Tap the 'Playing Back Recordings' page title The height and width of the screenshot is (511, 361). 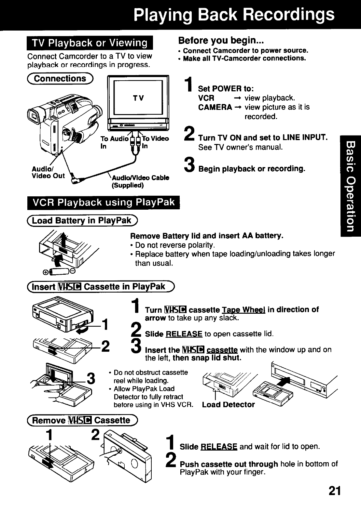tap(234, 15)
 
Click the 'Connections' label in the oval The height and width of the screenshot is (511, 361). tap(61, 79)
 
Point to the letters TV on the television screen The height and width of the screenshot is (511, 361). tap(138, 98)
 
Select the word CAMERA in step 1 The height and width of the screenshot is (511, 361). tap(215, 107)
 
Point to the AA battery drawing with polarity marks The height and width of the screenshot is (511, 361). tap(62, 272)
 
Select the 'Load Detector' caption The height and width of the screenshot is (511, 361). tap(228, 404)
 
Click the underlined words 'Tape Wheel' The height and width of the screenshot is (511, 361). tap(244, 309)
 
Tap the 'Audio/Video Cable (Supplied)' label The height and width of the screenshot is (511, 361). tap(140, 181)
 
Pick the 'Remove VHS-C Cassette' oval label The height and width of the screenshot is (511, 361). tap(83, 420)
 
